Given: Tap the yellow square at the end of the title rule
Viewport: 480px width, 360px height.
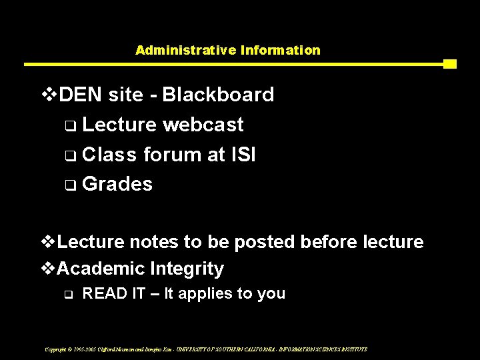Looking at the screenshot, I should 450,64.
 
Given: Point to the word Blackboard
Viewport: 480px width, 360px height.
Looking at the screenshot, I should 218,95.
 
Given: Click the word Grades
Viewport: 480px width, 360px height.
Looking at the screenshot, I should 117,184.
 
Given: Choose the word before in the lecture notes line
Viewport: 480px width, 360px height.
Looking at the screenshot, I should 329,241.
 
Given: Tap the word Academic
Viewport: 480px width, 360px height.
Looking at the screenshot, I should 101,269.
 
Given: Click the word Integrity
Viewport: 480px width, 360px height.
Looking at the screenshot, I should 187,269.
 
